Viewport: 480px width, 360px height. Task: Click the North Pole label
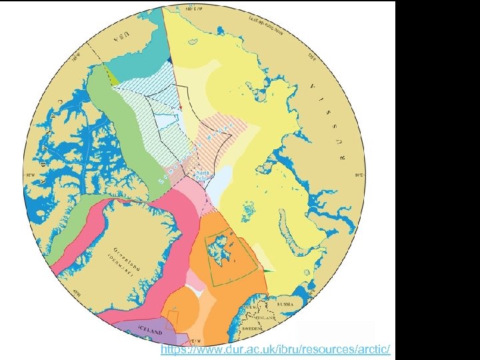[x=202, y=175]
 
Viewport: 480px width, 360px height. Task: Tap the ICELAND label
[x=151, y=331]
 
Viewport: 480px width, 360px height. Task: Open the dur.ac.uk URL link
[x=275, y=350]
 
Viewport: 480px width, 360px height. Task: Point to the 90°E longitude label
[x=357, y=175]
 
